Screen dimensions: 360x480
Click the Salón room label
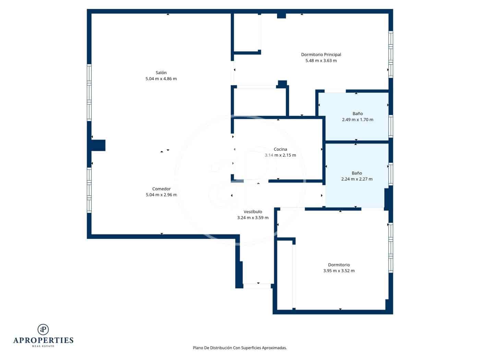pyautogui.click(x=161, y=73)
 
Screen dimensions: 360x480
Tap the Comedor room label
pyautogui.click(x=161, y=189)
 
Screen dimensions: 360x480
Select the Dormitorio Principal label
pyautogui.click(x=321, y=55)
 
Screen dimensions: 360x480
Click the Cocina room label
pyautogui.click(x=280, y=149)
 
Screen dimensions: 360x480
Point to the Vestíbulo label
pyautogui.click(x=253, y=212)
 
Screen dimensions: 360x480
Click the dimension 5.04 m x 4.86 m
pyautogui.click(x=161, y=79)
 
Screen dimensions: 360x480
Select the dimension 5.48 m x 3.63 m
pyautogui.click(x=321, y=61)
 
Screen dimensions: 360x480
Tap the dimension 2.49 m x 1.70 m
pyautogui.click(x=357, y=120)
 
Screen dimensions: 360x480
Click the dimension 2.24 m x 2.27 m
pyautogui.click(x=357, y=179)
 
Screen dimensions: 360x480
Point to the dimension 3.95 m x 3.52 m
pyautogui.click(x=339, y=271)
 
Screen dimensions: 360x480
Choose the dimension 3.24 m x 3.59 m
pyautogui.click(x=253, y=218)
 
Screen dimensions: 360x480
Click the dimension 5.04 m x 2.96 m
pyautogui.click(x=161, y=195)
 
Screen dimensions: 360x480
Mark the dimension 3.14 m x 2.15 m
pyautogui.click(x=280, y=155)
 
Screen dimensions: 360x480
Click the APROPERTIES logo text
pyautogui.click(x=43, y=340)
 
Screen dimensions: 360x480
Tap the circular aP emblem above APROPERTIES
pyautogui.click(x=43, y=329)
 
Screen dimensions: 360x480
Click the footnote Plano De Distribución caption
pyautogui.click(x=240, y=348)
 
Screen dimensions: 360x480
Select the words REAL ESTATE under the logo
pyautogui.click(x=43, y=346)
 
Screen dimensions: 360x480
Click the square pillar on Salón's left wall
pyautogui.click(x=98, y=145)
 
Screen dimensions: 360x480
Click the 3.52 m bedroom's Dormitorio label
pyautogui.click(x=339, y=265)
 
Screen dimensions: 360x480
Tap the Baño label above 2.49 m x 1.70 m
pyautogui.click(x=357, y=113)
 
